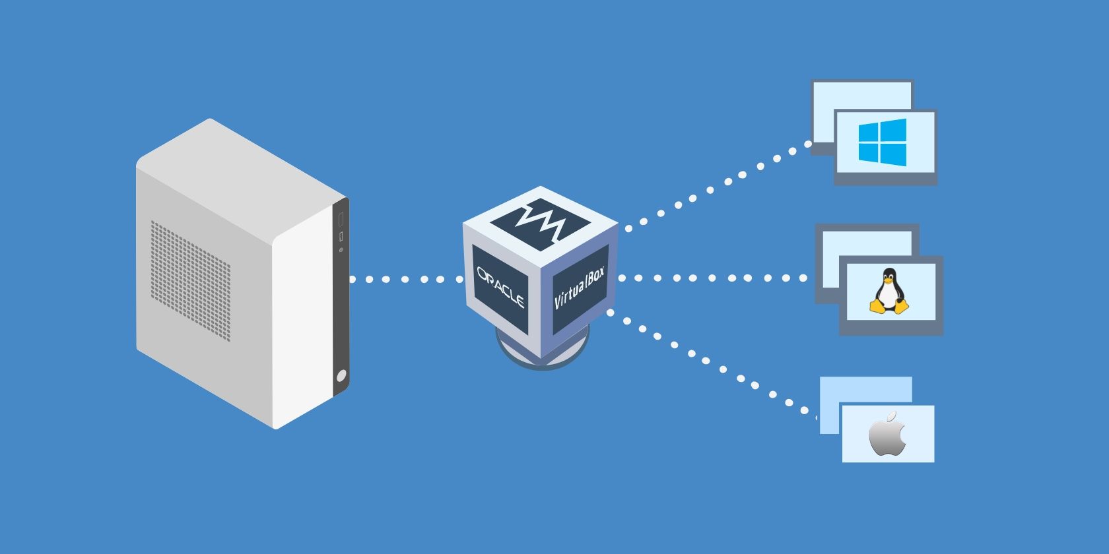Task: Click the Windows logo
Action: click(882, 142)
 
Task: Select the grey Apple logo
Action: click(887, 435)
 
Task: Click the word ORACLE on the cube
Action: click(500, 286)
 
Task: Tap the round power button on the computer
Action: click(341, 377)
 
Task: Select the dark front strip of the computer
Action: click(341, 297)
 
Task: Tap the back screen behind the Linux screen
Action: click(865, 241)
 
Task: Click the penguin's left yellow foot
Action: click(877, 306)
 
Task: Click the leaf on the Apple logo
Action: click(891, 416)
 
